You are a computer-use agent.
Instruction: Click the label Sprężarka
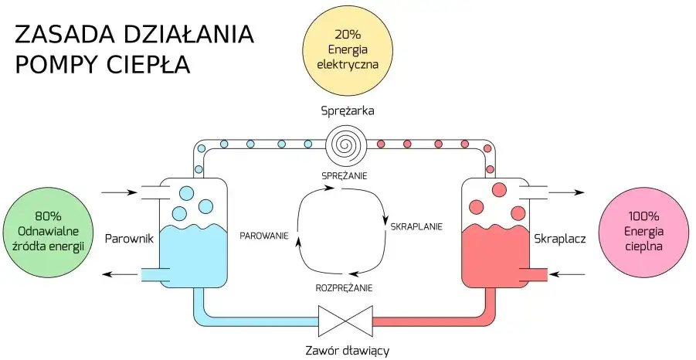click(x=348, y=110)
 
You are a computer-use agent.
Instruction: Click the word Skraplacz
click(x=560, y=239)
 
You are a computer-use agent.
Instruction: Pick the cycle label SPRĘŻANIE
click(x=345, y=175)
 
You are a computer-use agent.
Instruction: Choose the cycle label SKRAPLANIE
click(x=416, y=227)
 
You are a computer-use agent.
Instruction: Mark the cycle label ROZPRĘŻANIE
click(x=345, y=287)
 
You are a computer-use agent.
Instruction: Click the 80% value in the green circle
click(x=49, y=217)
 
